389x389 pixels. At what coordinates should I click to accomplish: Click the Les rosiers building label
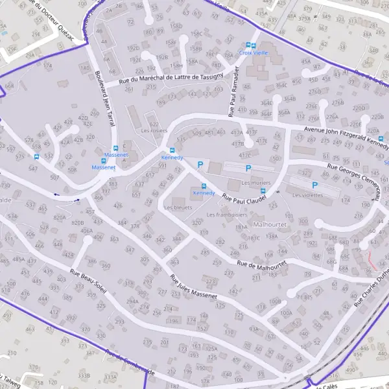click(154, 130)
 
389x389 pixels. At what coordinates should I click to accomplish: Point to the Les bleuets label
click(178, 207)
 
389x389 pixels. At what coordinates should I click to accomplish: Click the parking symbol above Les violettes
click(316, 185)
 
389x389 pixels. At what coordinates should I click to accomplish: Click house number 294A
click(132, 301)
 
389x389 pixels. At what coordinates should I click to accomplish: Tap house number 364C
click(281, 85)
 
